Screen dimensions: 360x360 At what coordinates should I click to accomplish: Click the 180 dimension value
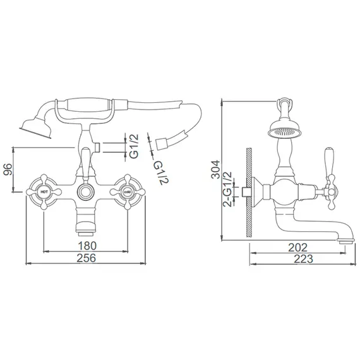coord(87,246)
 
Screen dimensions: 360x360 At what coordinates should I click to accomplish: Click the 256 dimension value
coord(87,258)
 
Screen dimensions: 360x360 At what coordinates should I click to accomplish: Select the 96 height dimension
coord(8,169)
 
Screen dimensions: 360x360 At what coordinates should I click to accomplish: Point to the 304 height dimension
coord(215,169)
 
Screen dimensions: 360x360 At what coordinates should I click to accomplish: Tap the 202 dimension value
coord(297,248)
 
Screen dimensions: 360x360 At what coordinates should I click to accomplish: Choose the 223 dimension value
coord(304,259)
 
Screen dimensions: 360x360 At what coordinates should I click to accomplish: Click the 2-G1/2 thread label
coord(227,189)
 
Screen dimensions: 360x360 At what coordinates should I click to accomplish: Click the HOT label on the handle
coord(44,191)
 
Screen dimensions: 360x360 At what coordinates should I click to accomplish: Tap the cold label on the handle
coord(127,191)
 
